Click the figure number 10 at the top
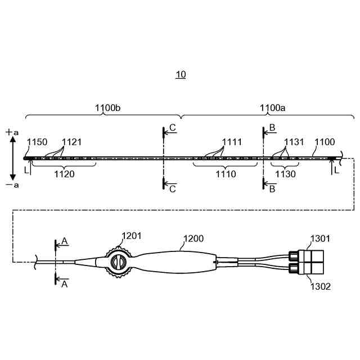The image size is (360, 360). [x=181, y=74]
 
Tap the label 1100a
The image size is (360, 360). [x=273, y=107]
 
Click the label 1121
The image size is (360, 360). [x=71, y=142]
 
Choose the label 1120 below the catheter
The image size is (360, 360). [x=64, y=174]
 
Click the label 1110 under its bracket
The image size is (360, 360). [x=226, y=174]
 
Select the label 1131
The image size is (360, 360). [x=294, y=142]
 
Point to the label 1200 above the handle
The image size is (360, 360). [x=193, y=239]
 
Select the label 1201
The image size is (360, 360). [x=133, y=237]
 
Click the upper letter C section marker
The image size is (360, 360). [x=173, y=128]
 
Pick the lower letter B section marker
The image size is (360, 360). [x=272, y=189]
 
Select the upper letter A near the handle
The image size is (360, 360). [x=65, y=241]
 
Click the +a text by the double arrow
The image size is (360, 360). [x=12, y=132]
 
